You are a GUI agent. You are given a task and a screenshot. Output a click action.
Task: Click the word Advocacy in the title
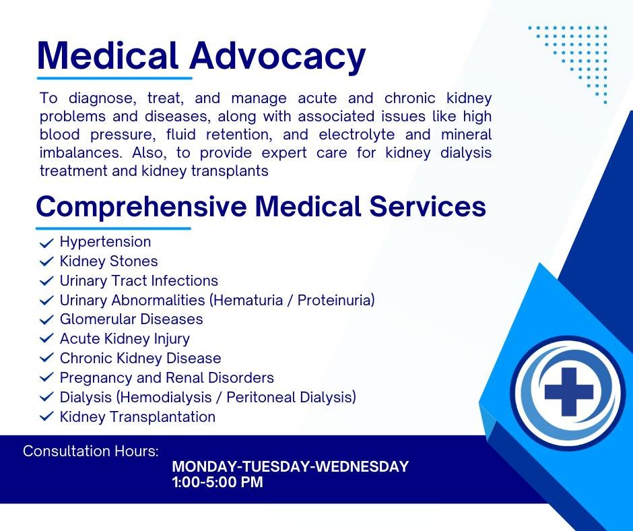click(277, 57)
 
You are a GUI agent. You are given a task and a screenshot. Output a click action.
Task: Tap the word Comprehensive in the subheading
click(141, 207)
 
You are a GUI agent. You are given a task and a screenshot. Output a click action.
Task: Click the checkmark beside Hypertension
click(47, 243)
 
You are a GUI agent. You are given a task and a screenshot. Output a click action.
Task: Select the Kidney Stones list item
click(108, 261)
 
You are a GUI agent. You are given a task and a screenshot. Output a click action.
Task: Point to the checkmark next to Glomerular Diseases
click(47, 319)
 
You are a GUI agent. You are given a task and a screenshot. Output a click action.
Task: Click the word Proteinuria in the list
click(336, 301)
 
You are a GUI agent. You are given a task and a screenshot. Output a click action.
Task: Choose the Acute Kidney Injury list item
click(125, 339)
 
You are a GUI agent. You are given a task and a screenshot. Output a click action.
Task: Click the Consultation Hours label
click(91, 451)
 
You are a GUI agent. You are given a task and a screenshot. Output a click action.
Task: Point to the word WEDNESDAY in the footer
click(362, 466)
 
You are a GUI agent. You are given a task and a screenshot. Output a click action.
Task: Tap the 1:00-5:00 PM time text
click(218, 482)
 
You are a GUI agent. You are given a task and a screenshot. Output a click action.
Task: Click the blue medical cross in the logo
click(569, 392)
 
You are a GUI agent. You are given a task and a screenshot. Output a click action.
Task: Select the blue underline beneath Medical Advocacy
click(114, 78)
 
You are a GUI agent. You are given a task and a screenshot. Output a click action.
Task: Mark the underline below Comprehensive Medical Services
click(113, 228)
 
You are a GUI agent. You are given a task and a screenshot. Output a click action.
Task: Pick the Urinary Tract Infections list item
click(139, 281)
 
